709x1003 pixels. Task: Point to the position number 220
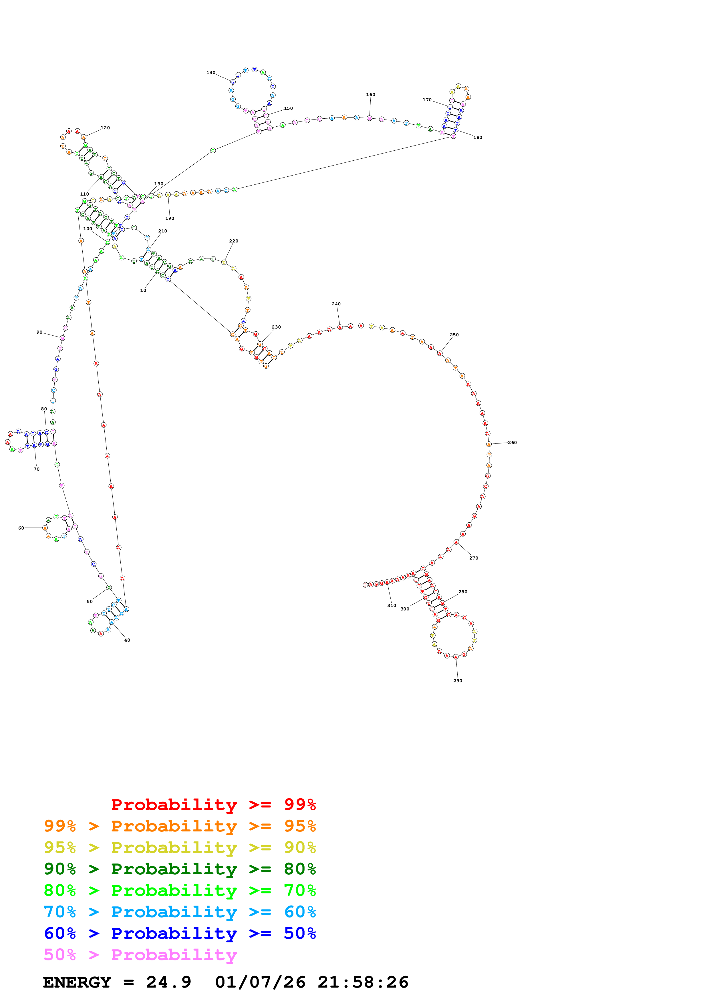click(234, 241)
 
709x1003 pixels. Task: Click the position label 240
click(336, 304)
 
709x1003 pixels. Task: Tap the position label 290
click(457, 680)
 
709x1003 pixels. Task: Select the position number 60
click(21, 528)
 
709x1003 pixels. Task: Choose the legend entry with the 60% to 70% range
click(180, 912)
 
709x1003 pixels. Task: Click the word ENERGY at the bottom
click(77, 982)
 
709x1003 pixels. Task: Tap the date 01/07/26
click(260, 982)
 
